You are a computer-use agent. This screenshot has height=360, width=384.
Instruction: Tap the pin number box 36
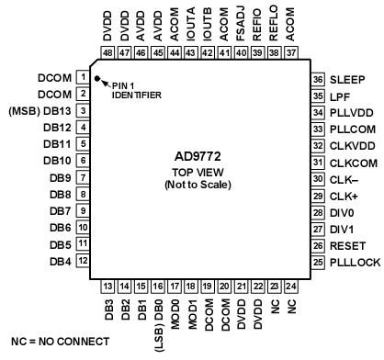[318, 79]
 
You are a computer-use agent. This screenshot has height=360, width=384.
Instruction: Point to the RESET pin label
[348, 298]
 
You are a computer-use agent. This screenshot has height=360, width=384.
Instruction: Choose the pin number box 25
[318, 314]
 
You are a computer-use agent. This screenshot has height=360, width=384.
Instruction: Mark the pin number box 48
[107, 53]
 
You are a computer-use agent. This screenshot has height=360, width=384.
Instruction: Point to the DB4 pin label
[60, 312]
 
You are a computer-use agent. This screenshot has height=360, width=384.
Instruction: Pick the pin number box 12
[83, 312]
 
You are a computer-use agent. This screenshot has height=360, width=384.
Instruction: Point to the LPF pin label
[343, 96]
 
